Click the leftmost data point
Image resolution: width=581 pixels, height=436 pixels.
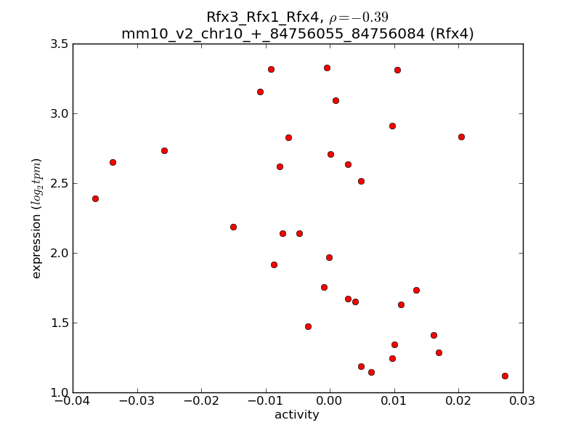(x=95, y=198)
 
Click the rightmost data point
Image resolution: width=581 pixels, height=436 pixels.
(x=505, y=376)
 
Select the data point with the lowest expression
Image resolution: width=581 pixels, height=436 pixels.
(x=505, y=376)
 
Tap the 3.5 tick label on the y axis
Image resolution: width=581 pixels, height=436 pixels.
(x=60, y=44)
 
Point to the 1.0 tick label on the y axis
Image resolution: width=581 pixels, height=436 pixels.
(x=60, y=392)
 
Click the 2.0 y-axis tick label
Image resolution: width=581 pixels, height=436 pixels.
(x=60, y=253)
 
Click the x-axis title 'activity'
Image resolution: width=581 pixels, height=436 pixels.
(x=297, y=415)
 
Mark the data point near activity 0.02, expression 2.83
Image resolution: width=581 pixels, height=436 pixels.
(x=461, y=137)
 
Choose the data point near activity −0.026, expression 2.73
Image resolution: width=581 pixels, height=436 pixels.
(x=164, y=150)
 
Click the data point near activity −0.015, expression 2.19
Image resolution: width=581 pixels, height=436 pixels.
(x=233, y=227)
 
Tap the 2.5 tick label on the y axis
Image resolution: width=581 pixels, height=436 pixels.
(x=60, y=183)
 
